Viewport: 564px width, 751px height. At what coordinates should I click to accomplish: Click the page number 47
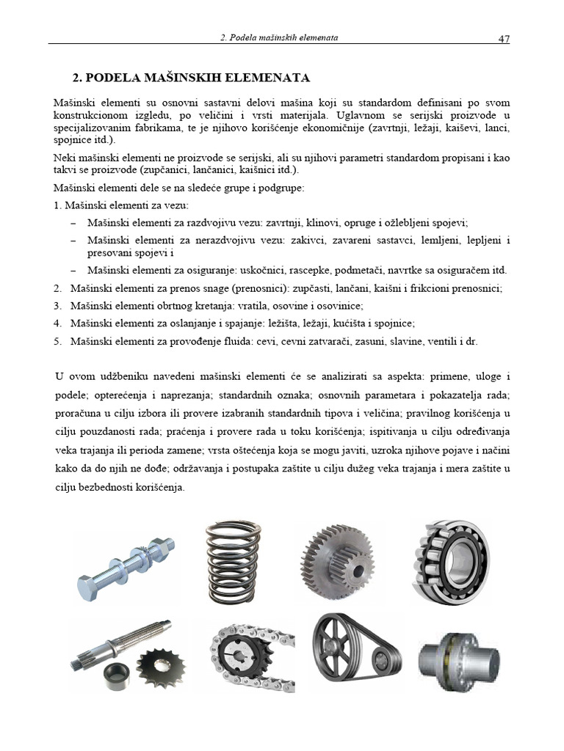tap(504, 39)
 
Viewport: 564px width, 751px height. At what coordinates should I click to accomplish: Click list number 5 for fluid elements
tap(58, 342)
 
